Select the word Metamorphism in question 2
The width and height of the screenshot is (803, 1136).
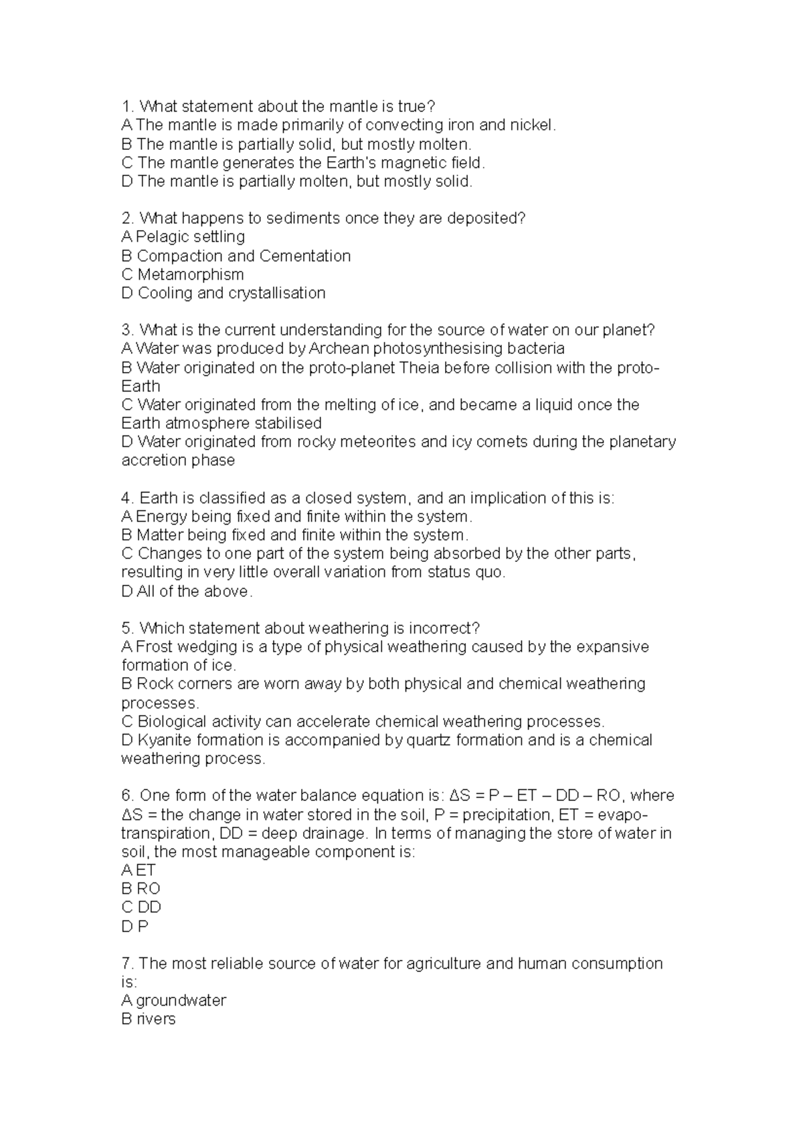(x=191, y=274)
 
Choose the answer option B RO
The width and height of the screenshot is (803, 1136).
(x=141, y=888)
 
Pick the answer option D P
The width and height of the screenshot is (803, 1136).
(x=135, y=926)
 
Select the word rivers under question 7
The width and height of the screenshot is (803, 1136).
(x=156, y=1019)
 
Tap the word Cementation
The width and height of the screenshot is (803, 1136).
(x=305, y=256)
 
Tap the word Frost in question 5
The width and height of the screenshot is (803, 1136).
(x=153, y=647)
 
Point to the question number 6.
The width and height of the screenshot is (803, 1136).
(x=128, y=795)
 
